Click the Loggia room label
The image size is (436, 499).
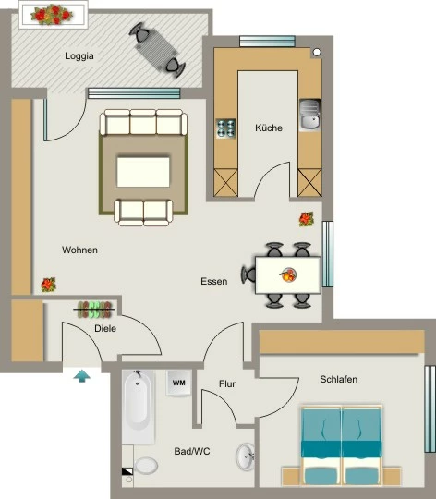(79, 56)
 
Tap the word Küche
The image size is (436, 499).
(269, 128)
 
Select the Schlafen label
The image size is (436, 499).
(339, 379)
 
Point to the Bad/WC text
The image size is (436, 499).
(192, 451)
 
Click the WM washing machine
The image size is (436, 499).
(178, 383)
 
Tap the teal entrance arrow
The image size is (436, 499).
(81, 375)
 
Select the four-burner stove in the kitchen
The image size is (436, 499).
(225, 128)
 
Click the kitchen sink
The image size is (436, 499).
(309, 115)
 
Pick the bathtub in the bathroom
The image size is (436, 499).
(139, 408)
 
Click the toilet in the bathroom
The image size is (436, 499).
(146, 465)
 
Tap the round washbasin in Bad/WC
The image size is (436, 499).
(245, 456)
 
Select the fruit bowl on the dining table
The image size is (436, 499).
(288, 274)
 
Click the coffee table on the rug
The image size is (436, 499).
(143, 172)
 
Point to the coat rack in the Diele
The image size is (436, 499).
(94, 310)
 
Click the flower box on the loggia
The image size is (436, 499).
(53, 15)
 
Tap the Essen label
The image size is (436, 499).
(214, 281)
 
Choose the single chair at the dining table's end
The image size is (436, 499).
(248, 274)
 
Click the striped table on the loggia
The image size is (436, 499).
(155, 50)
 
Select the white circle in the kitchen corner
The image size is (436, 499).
(317, 52)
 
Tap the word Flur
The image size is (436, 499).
(227, 383)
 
